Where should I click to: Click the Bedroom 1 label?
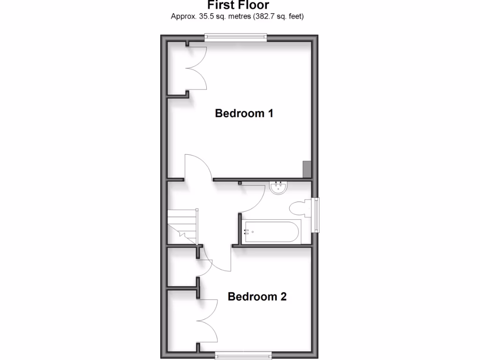coord(244,113)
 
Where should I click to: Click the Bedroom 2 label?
coord(257,297)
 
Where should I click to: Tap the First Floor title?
coord(238,5)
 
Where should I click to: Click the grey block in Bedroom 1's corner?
coord(307,169)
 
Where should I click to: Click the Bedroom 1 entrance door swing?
coord(197,166)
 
